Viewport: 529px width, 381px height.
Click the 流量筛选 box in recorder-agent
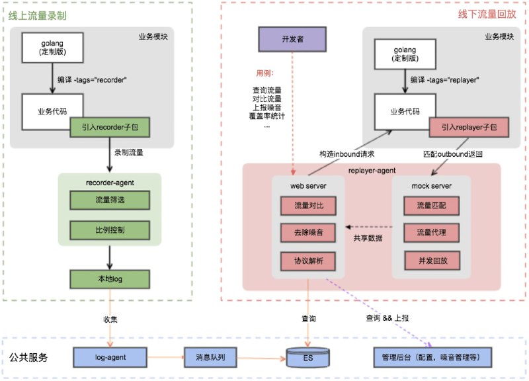[110, 200]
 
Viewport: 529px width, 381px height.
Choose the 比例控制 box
[110, 231]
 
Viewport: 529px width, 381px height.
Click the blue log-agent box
[110, 358]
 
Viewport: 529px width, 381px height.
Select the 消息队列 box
[211, 358]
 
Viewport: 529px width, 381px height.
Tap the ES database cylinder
[309, 358]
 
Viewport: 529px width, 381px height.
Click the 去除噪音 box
[309, 233]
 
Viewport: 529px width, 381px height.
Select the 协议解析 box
[309, 261]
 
